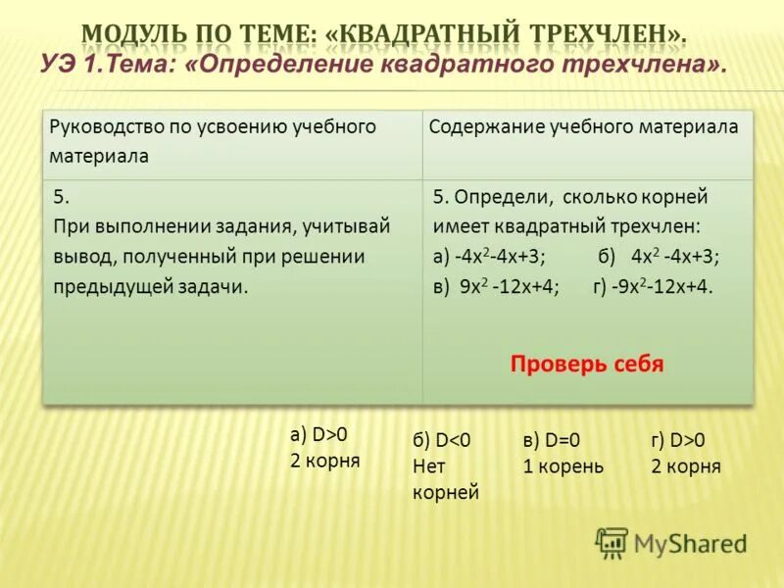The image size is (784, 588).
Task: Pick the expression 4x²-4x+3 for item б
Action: point(675,258)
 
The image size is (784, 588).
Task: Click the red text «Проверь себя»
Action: point(587,365)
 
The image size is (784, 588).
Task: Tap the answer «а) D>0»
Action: point(318,434)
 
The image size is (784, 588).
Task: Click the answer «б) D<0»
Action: point(442,441)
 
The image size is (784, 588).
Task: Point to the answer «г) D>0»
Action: point(678,441)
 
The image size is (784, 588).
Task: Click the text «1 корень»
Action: point(563,466)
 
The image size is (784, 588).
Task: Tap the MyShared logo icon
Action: point(612,542)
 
